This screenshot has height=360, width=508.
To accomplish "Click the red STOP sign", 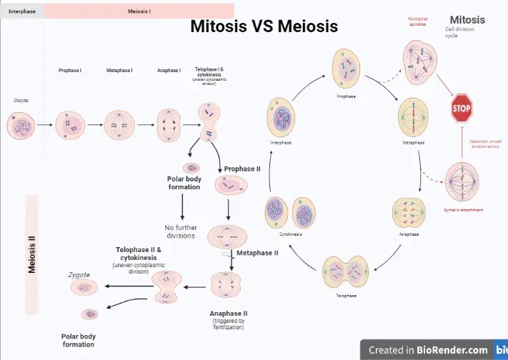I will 462,109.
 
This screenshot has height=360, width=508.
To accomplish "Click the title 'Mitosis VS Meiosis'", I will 264,26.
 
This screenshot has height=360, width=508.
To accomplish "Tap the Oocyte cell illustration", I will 21,125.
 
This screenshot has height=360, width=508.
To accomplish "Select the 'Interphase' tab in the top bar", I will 22,11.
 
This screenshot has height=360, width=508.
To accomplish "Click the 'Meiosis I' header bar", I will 139,11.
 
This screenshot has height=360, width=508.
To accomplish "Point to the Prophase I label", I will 70,71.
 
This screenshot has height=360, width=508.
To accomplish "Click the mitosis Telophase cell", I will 346,273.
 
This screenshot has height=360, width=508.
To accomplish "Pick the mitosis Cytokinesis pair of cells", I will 291,212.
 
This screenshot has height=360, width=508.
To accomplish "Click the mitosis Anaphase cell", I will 409,212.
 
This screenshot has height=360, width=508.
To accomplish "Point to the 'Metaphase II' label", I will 257,253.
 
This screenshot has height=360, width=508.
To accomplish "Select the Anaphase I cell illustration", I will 169,124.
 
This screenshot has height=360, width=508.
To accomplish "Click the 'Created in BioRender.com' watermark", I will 428,350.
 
